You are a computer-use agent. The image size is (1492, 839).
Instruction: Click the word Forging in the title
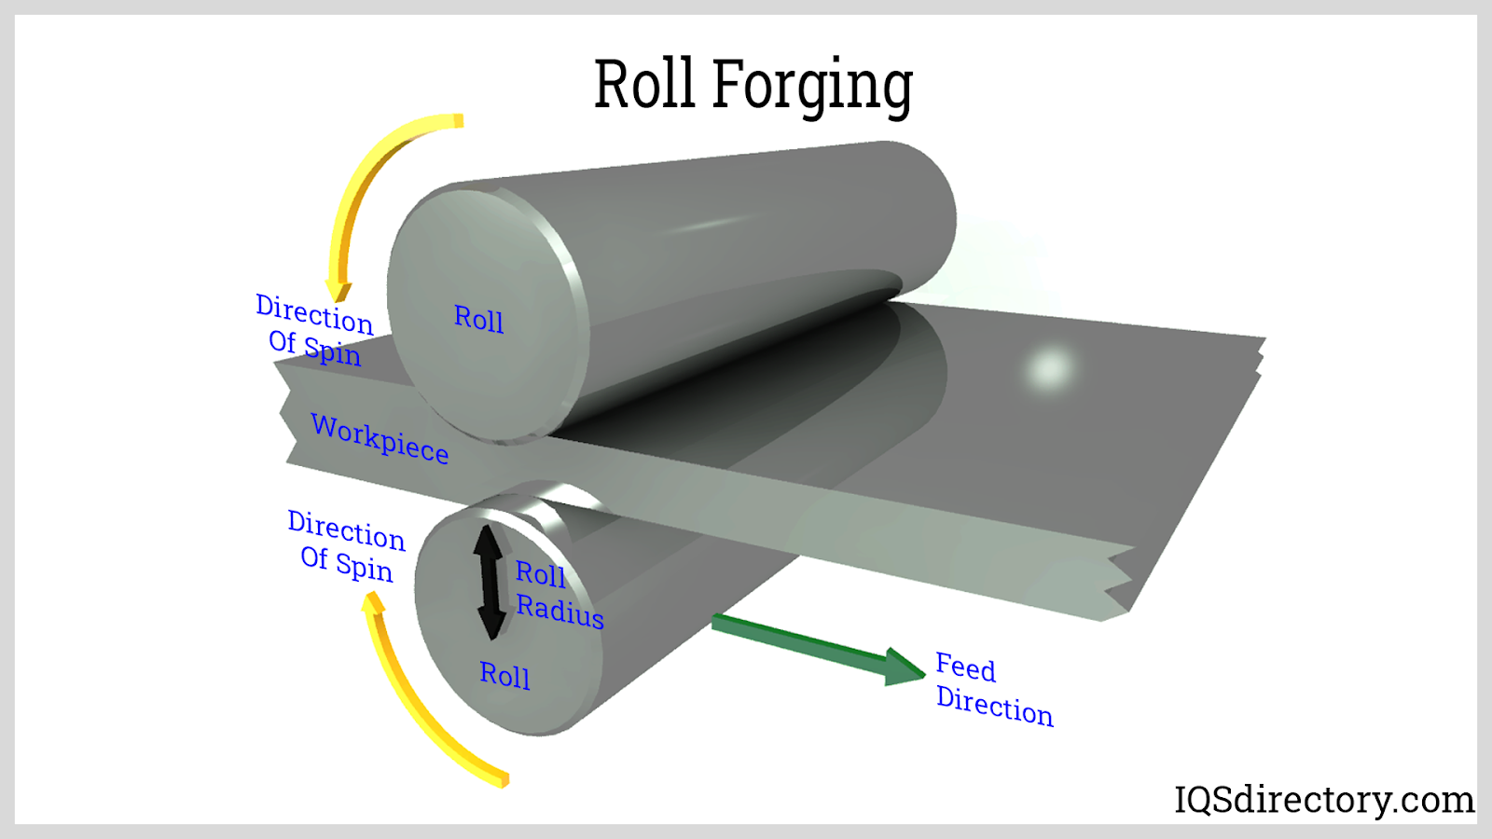tap(812, 86)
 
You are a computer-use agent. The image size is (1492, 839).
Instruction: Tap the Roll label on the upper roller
tap(478, 319)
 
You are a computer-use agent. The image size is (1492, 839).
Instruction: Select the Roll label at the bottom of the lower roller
tap(504, 674)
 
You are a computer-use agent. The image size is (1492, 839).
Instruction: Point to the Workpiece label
tap(380, 437)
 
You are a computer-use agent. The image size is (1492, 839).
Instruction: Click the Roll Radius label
tap(558, 593)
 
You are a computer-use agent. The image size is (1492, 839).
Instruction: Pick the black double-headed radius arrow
tap(489, 582)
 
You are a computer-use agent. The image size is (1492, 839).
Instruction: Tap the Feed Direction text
tap(992, 690)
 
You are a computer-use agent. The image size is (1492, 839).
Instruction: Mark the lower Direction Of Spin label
tap(346, 546)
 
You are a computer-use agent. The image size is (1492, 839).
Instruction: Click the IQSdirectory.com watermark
tap(1323, 800)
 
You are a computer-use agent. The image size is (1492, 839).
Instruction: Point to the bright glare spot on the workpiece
tap(1050, 367)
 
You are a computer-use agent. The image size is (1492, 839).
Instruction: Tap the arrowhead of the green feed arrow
tap(903, 667)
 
